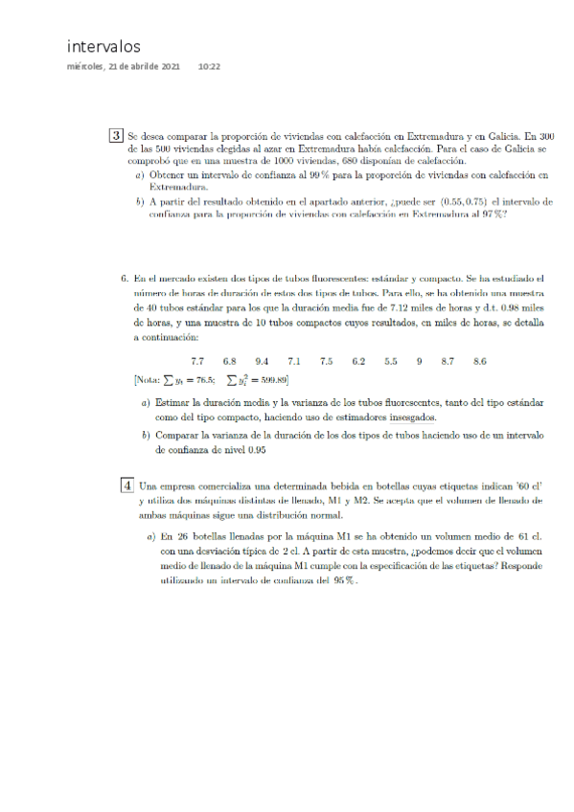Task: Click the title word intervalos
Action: [103, 46]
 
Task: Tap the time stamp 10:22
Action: [209, 67]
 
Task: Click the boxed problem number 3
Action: [115, 136]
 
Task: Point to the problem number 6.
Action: [125, 278]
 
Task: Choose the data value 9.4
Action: [262, 361]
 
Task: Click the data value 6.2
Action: [358, 361]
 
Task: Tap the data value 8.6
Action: [479, 361]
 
